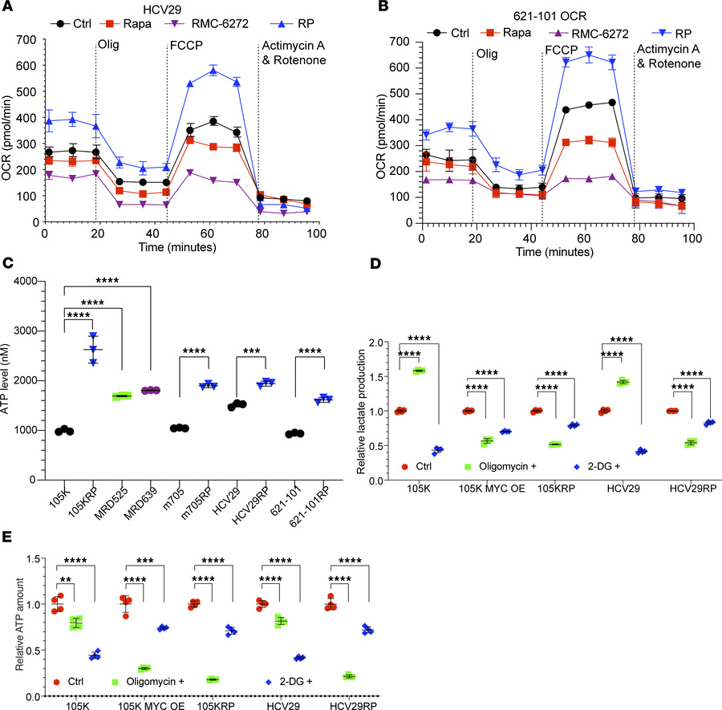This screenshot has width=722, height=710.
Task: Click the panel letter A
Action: [7, 7]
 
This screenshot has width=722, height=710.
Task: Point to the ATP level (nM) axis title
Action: [11, 380]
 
